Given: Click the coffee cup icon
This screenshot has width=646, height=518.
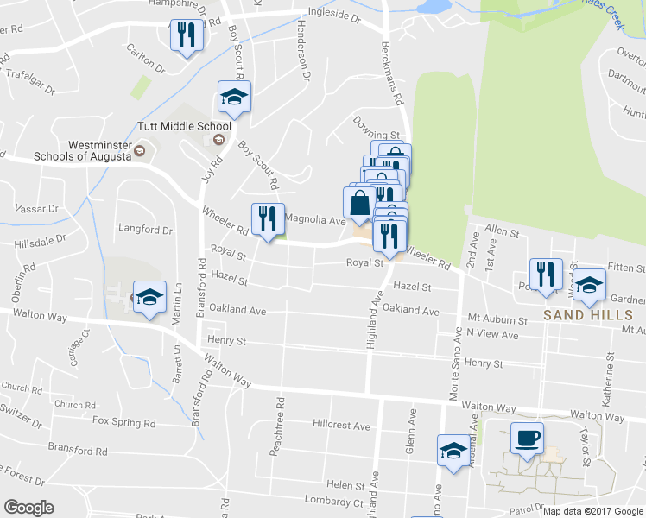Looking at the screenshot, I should (527, 439).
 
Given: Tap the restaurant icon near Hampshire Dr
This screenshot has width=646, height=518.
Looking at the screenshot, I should (187, 35).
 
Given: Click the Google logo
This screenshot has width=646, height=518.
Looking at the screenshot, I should (28, 507).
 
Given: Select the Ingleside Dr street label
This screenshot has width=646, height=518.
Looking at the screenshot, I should (332, 16).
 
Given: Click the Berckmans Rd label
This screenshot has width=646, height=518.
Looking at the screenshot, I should (392, 74).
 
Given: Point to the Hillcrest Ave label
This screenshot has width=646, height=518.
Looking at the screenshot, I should (341, 426).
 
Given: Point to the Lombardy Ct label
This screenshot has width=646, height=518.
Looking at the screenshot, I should (335, 502).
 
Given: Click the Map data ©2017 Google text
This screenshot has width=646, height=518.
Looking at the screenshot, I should (592, 511).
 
